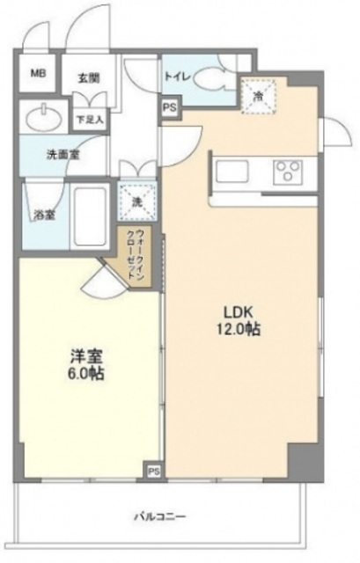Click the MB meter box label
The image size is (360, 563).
pyautogui.click(x=38, y=74)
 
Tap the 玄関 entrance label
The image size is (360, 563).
pyautogui.click(x=89, y=78)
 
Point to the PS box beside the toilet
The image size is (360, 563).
pyautogui.click(x=170, y=107)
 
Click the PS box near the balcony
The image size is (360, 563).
pyautogui.click(x=154, y=472)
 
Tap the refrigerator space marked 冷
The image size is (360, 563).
pyautogui.click(x=258, y=96)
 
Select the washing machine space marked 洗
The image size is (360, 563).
pyautogui.click(x=137, y=202)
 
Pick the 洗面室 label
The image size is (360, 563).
pyautogui.click(x=63, y=155)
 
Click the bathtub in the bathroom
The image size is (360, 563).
pyautogui.click(x=90, y=216)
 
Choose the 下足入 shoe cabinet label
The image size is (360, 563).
pyautogui.click(x=89, y=120)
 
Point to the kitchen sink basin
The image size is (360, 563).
pyautogui.click(x=231, y=172)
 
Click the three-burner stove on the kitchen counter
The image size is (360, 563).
pyautogui.click(x=288, y=171)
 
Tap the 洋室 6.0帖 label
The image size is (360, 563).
pyautogui.click(x=86, y=365)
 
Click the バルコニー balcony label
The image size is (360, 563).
pyautogui.click(x=160, y=517)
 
